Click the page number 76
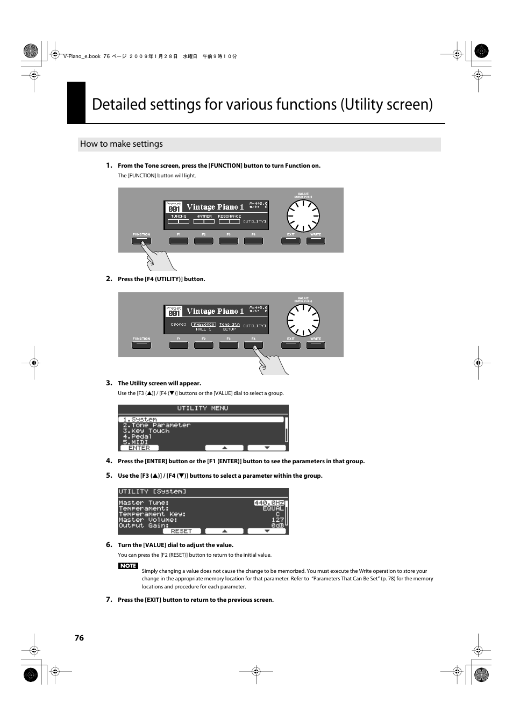tap(79, 638)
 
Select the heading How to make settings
tap(122, 144)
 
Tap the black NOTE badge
tap(128, 566)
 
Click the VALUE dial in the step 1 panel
tap(303, 217)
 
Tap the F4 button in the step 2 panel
tap(253, 345)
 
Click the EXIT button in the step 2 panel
tap(290, 345)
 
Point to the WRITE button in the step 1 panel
tap(316, 241)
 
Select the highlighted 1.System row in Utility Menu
tap(201, 419)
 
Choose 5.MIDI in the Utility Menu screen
tap(135, 442)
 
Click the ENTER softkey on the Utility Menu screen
tap(139, 448)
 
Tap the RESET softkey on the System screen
tap(181, 531)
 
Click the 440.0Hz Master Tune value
tap(269, 503)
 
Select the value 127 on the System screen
tap(277, 520)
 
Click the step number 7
tap(109, 599)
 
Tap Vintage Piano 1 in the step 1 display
tap(215, 207)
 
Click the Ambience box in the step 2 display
tap(204, 325)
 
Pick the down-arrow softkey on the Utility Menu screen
tap(267, 448)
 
